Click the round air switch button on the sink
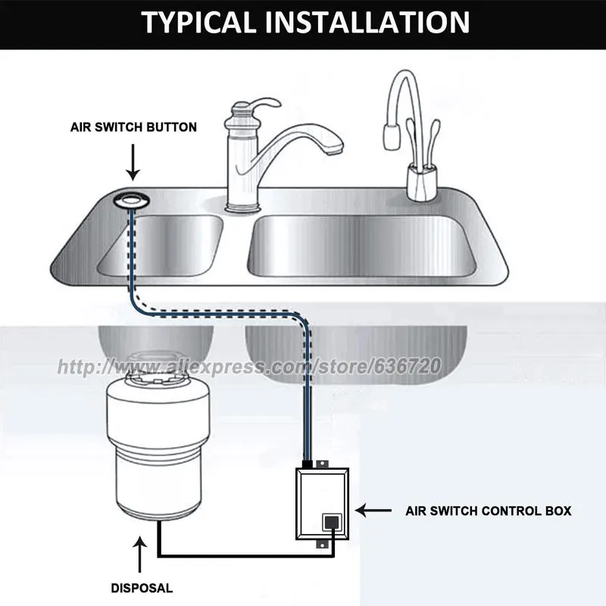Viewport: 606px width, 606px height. pyautogui.click(x=133, y=201)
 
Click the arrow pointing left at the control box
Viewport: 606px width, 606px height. pyautogui.click(x=371, y=511)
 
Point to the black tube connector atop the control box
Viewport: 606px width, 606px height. pyautogui.click(x=308, y=463)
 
